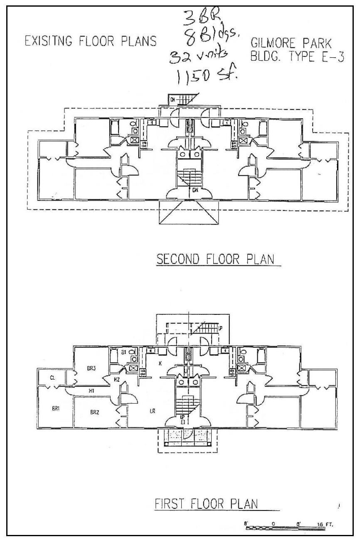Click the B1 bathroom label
pyautogui.click(x=123, y=352)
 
